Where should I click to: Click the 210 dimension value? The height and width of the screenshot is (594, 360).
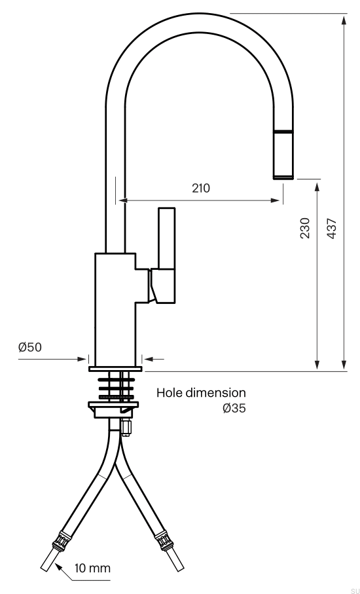pyautogui.click(x=201, y=188)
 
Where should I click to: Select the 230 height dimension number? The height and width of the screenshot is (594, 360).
pyautogui.click(x=305, y=228)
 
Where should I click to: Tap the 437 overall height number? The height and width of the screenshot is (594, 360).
pyautogui.click(x=332, y=228)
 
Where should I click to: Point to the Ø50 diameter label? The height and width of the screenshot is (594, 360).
pyautogui.click(x=30, y=347)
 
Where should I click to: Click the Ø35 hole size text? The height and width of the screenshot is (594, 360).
pyautogui.click(x=234, y=409)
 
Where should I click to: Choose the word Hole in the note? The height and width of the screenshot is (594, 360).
pyautogui.click(x=170, y=392)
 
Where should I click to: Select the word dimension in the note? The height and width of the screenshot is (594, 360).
pyautogui.click(x=215, y=392)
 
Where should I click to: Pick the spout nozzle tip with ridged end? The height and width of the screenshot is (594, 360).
pyautogui.click(x=283, y=155)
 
